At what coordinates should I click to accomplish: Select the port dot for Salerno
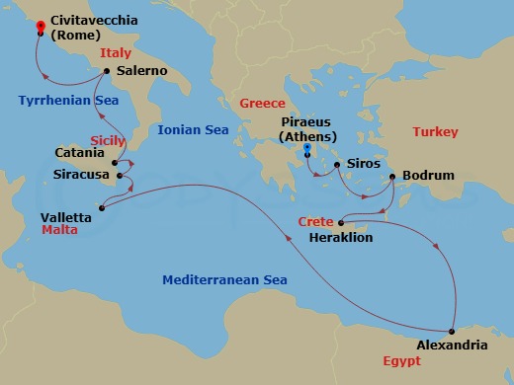pos(106,71)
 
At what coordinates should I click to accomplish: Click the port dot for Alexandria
pos(452,331)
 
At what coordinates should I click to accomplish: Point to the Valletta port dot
pos(103,207)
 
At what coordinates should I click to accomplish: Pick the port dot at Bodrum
pos(393,177)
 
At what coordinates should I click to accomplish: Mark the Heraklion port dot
pos(340,223)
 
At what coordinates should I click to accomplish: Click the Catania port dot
pos(115,163)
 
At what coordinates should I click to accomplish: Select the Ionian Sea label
pos(193,129)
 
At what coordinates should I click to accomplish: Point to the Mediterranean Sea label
pos(224,280)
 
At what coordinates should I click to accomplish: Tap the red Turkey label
pos(436,131)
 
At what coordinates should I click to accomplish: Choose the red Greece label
pos(262,104)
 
